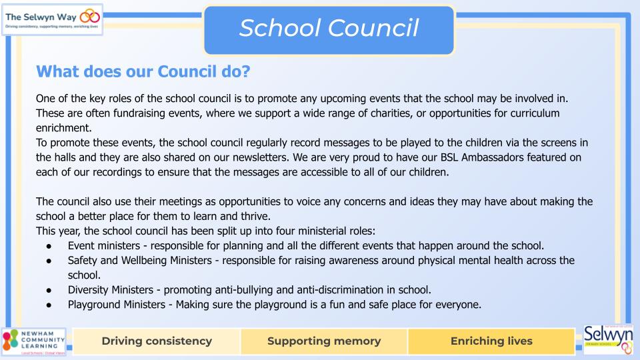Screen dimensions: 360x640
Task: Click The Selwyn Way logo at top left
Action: click(x=53, y=19)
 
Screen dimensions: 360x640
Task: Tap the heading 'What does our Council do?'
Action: click(x=143, y=70)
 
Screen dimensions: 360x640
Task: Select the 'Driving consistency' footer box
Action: click(x=157, y=341)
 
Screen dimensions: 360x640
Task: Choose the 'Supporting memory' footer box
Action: click(x=324, y=341)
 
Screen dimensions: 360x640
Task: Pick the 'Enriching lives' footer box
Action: click(x=491, y=341)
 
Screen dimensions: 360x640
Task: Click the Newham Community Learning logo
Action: click(x=33, y=341)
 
